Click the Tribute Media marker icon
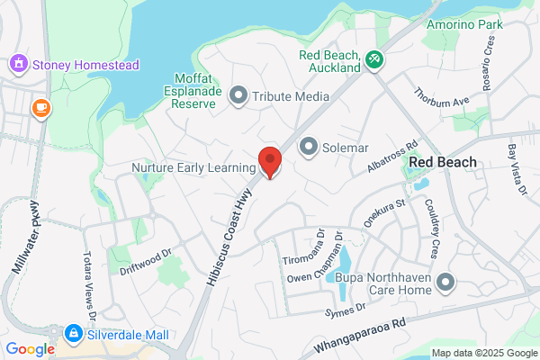238,95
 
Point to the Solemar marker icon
309,145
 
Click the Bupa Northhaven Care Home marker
445,284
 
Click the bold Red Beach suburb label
442,162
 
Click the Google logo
30,349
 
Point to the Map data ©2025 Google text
483,352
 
